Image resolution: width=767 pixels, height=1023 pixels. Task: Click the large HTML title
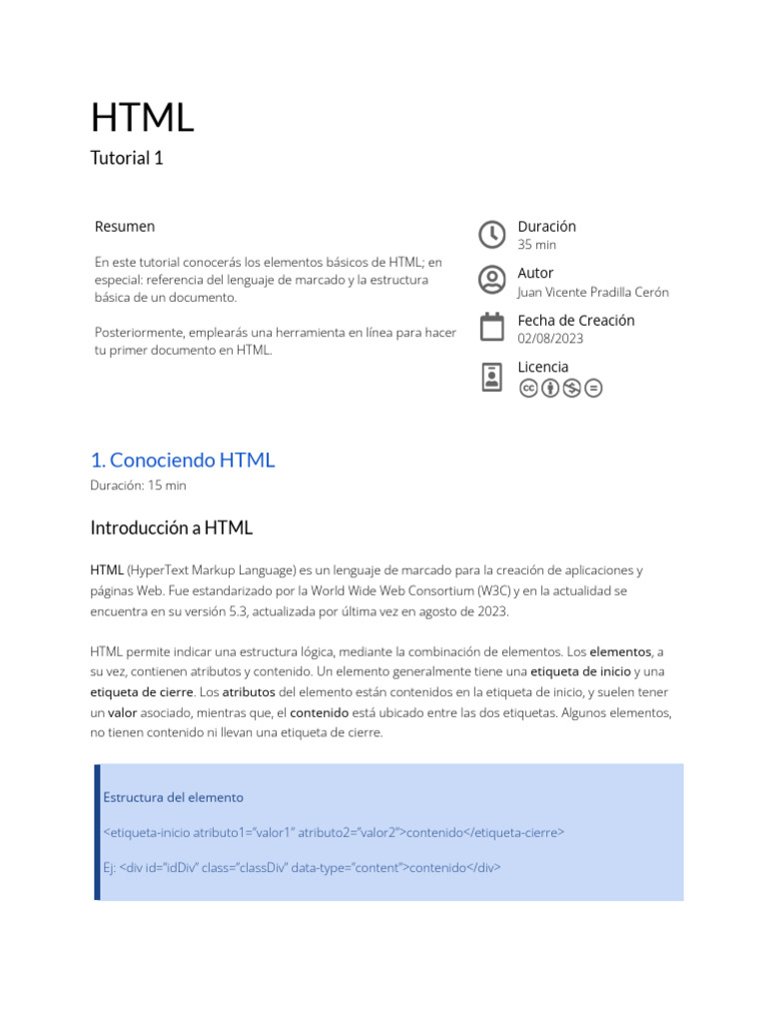[142, 118]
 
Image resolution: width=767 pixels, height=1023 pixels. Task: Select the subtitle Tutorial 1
[127, 158]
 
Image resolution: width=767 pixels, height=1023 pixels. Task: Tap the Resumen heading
[125, 227]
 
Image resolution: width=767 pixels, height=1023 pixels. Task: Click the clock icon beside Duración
[492, 235]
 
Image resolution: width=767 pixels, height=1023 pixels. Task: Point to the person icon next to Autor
[492, 280]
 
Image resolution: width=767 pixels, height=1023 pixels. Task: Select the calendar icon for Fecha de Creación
[492, 328]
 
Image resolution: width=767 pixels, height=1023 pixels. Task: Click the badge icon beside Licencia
[492, 377]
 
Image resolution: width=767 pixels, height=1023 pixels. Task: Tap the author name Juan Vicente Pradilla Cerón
[593, 292]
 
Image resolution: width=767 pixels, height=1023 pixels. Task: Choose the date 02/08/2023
[550, 339]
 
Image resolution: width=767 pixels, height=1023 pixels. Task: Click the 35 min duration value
[537, 245]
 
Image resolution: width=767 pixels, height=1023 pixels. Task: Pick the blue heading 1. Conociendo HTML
[182, 461]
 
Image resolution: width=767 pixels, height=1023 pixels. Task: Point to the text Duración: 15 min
[138, 486]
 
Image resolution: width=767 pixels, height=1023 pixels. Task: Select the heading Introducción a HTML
[172, 527]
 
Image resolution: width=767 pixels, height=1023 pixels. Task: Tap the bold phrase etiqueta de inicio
[579, 671]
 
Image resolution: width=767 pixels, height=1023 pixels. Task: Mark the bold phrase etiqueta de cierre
[141, 691]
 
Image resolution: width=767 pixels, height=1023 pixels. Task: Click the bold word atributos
[249, 691]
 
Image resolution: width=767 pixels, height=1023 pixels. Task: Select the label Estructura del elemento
[173, 797]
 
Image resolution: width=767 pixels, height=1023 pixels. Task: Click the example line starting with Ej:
[302, 867]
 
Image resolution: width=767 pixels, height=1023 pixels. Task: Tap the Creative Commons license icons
[561, 388]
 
